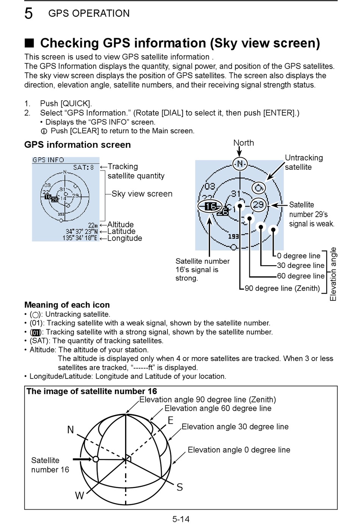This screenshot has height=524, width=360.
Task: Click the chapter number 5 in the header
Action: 28,13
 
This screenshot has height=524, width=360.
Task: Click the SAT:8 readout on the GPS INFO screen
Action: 83,167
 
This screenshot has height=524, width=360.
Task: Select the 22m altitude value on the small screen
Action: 93,225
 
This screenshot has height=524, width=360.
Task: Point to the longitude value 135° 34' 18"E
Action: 80,238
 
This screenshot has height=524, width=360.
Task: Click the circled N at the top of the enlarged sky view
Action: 240,164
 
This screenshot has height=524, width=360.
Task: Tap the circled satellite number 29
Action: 258,205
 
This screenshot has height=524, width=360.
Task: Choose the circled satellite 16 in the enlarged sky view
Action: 210,206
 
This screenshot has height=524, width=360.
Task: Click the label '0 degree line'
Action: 299,256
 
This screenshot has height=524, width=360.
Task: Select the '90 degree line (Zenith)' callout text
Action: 282,288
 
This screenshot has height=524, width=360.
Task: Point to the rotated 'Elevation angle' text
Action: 333,274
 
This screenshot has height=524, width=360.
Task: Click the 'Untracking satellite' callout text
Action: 304,162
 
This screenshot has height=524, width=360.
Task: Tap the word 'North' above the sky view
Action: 244,143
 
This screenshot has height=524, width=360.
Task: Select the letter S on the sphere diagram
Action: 180,487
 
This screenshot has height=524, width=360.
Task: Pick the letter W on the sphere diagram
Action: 80,495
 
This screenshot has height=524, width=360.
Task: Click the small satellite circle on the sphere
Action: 95,459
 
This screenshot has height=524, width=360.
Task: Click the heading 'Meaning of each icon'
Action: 67,305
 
